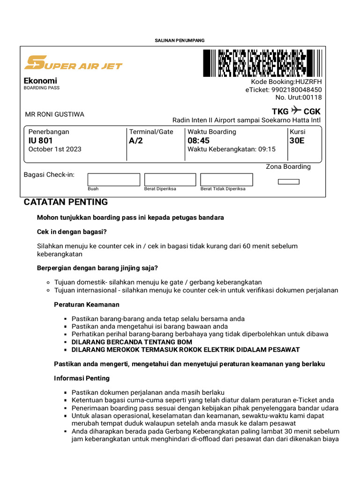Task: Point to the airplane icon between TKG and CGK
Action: click(x=296, y=111)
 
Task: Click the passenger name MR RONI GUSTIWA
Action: click(x=54, y=114)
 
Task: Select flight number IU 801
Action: click(x=41, y=141)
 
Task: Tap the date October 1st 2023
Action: click(x=55, y=149)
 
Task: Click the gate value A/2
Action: click(x=136, y=141)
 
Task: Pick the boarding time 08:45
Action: click(x=199, y=141)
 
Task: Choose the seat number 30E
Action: click(x=297, y=141)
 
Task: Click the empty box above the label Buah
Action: click(x=114, y=180)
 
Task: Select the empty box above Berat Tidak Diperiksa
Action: click(x=226, y=180)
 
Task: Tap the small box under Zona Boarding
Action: click(x=288, y=181)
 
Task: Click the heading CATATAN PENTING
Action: click(x=66, y=202)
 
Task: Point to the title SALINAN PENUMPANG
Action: click(x=180, y=41)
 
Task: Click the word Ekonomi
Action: click(x=40, y=81)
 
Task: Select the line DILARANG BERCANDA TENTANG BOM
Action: click(x=132, y=342)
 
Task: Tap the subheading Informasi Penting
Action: click(x=82, y=378)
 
